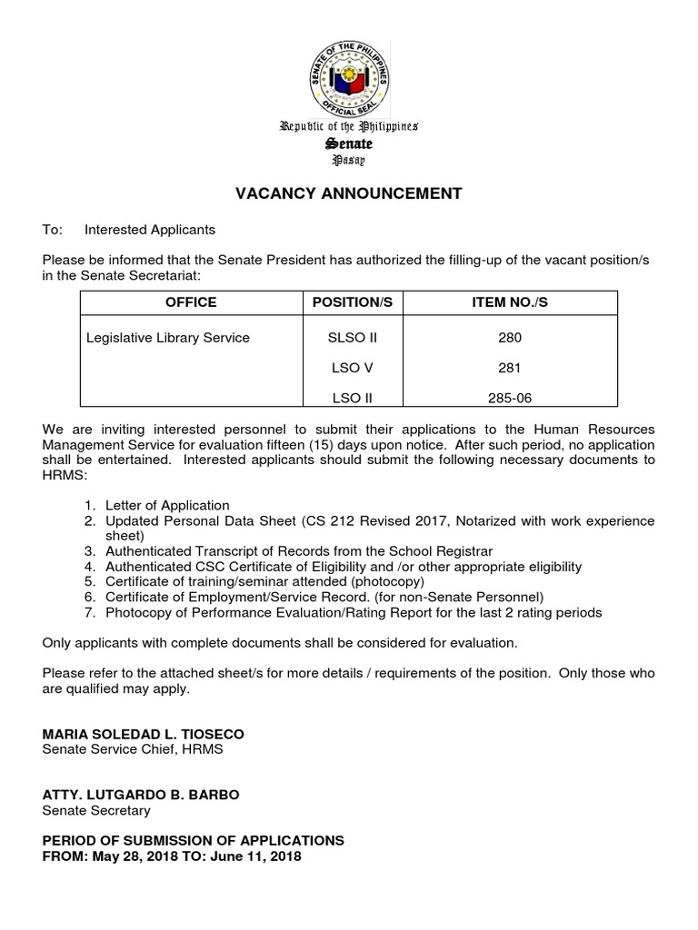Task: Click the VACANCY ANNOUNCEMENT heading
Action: click(349, 193)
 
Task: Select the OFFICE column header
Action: click(191, 302)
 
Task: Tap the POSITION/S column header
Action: click(352, 302)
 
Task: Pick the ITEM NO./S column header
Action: click(510, 302)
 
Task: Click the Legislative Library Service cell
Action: click(167, 338)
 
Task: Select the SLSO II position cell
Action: click(352, 338)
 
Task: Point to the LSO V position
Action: click(352, 368)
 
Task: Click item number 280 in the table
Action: click(510, 338)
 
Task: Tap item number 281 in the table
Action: click(510, 368)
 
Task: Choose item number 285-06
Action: click(510, 398)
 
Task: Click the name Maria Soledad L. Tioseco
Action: click(143, 734)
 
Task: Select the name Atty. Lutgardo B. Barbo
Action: click(141, 795)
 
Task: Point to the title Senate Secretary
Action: click(96, 810)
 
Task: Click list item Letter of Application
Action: click(167, 505)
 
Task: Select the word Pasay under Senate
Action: click(349, 160)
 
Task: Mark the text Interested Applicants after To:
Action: click(150, 230)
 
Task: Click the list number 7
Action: click(90, 612)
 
